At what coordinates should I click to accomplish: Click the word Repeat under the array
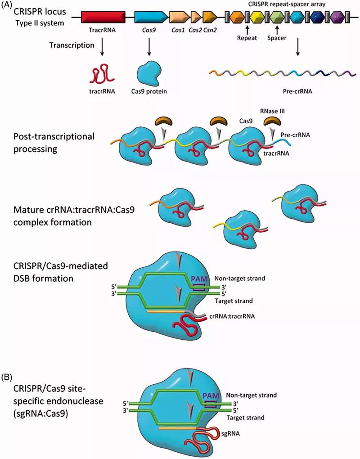click(x=247, y=38)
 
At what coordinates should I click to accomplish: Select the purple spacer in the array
click(x=336, y=18)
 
